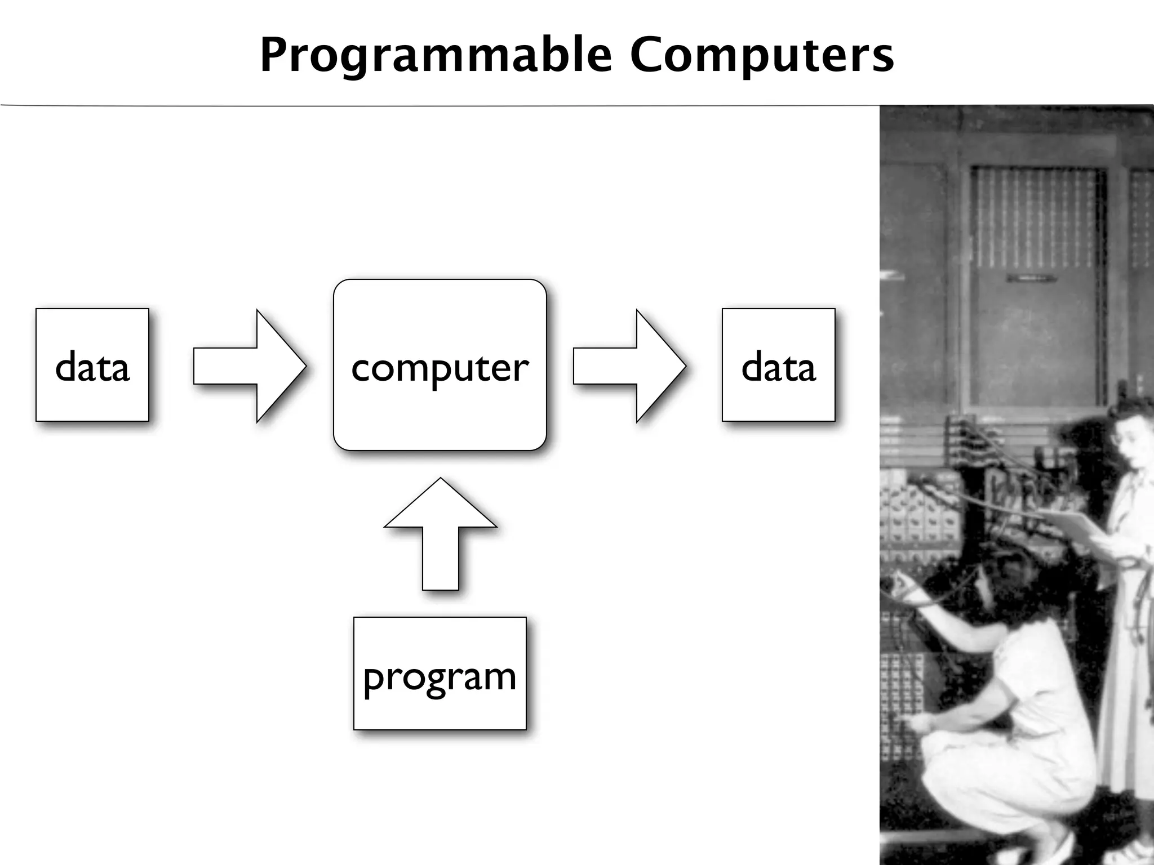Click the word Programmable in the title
(x=435, y=55)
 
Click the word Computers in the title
(x=762, y=55)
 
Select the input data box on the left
(x=92, y=365)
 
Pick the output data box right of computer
(x=778, y=365)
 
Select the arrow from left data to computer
(x=250, y=366)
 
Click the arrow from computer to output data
(x=630, y=366)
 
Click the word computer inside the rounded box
(x=440, y=368)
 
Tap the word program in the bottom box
(x=440, y=677)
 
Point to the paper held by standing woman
(x=1071, y=524)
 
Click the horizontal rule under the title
(x=440, y=105)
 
